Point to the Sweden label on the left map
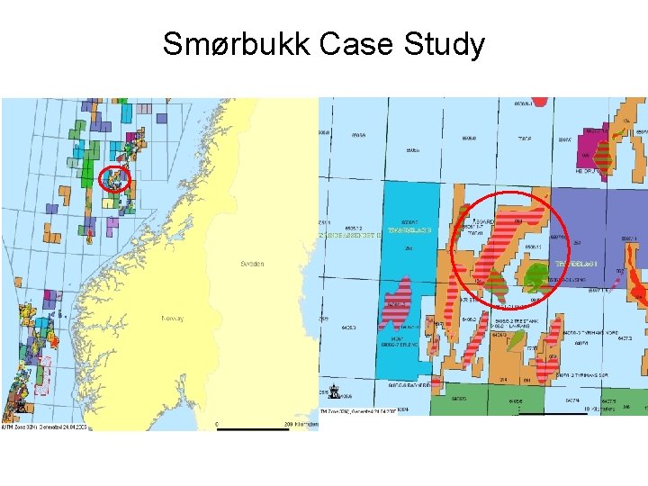[x=253, y=264]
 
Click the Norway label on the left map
[x=172, y=319]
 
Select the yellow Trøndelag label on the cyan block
[x=409, y=230]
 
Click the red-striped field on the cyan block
[x=394, y=301]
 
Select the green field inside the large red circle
[x=537, y=274]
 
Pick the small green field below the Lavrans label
[x=514, y=339]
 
